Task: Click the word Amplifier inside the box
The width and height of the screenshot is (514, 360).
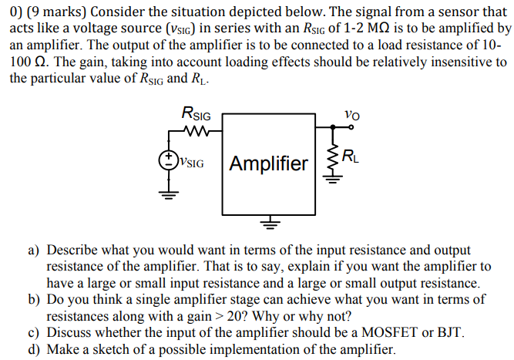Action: [x=268, y=163]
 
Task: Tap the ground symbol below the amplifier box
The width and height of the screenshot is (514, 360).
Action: [x=268, y=224]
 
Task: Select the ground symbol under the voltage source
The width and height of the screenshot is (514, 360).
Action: [x=167, y=193]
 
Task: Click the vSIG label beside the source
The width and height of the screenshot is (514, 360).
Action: [x=191, y=163]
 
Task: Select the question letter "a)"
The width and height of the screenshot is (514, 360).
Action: [x=35, y=251]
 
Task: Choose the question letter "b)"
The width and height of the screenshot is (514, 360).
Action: [x=35, y=300]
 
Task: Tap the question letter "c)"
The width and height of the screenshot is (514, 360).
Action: [x=35, y=332]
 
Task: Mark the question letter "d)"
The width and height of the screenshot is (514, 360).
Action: [x=35, y=349]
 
